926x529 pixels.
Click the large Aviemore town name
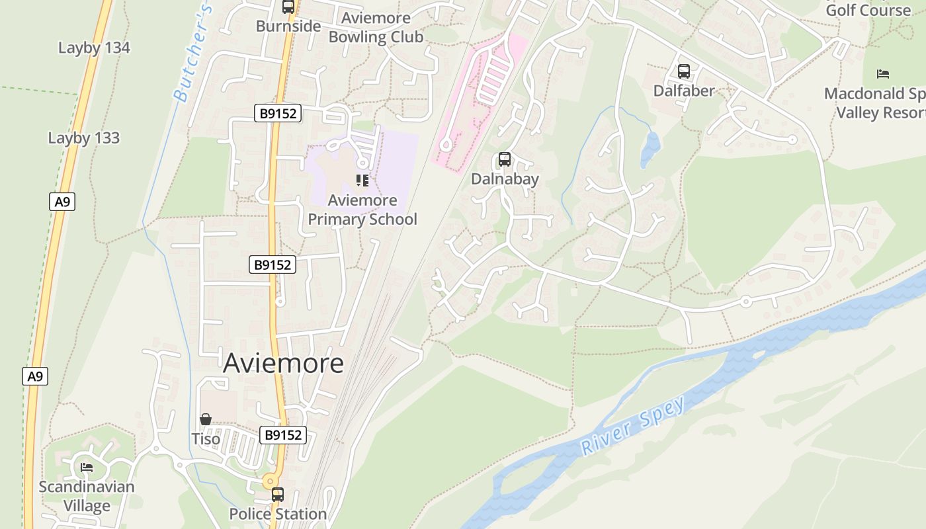coord(283,364)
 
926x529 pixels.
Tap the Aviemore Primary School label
coord(362,210)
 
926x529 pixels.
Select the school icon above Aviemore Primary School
coord(362,180)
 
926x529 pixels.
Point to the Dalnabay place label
coord(505,179)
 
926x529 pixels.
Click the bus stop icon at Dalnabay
coord(505,159)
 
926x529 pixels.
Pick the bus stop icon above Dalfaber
coord(684,71)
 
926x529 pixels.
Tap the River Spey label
coord(632,427)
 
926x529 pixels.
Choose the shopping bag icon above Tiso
coord(206,419)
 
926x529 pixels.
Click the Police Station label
coord(278,514)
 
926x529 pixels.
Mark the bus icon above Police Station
coord(278,494)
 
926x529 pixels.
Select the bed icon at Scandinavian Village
coord(87,468)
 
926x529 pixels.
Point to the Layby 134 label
coord(94,48)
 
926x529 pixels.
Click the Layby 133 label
coord(84,138)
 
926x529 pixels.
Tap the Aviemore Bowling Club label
coord(376,28)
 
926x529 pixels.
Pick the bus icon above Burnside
coord(288,7)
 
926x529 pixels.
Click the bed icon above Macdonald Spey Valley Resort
coord(883,73)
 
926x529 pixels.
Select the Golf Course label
coord(868,10)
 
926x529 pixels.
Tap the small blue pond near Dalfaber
coord(650,150)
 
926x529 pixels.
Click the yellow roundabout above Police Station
coord(269,481)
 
